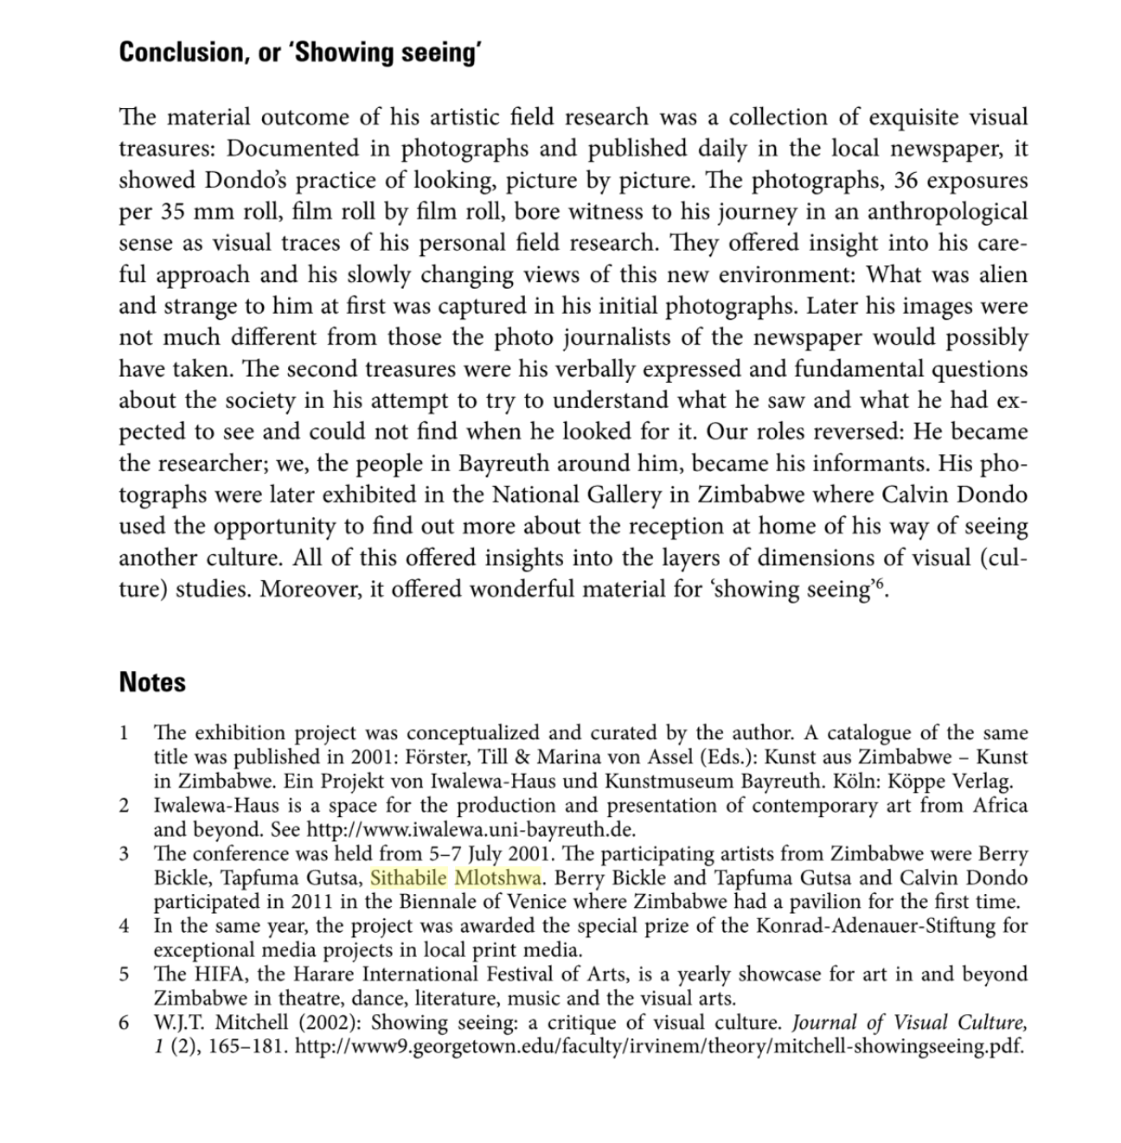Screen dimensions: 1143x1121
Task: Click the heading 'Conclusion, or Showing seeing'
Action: point(299,53)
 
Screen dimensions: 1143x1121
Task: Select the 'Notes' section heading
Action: point(152,682)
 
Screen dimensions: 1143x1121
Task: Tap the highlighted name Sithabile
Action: point(408,878)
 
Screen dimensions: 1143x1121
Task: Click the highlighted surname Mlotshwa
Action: point(498,878)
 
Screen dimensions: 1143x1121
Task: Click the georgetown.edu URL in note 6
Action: point(659,1047)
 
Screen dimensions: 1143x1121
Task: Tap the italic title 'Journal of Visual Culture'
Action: point(910,1023)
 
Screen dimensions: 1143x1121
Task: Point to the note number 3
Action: point(125,854)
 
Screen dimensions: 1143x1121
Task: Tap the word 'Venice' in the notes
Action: point(528,902)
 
